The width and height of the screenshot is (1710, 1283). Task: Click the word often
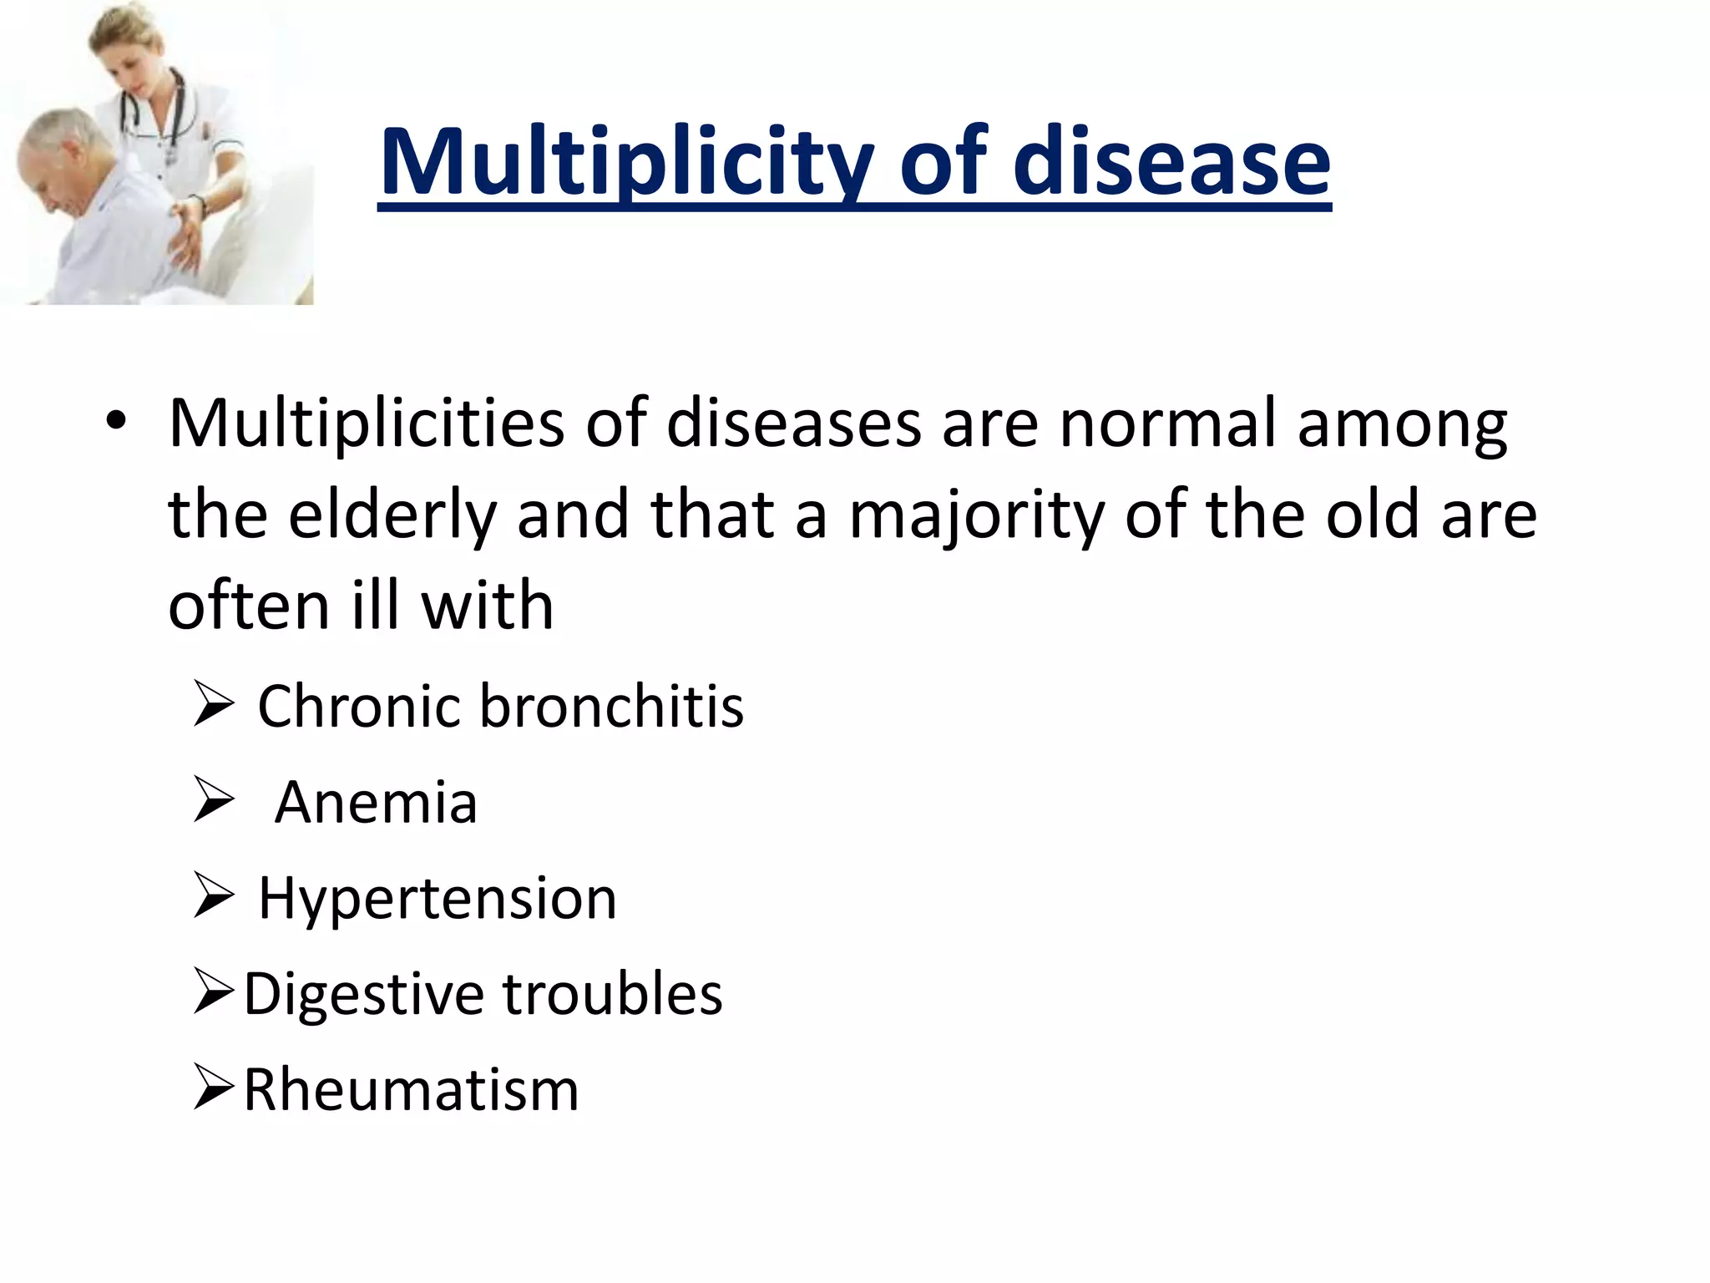coord(249,605)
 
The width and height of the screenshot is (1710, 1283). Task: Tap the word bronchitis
coord(611,707)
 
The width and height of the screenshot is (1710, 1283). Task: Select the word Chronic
coord(361,707)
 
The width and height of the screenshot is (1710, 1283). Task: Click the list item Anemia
coord(376,803)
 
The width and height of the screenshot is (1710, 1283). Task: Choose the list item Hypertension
coord(438,899)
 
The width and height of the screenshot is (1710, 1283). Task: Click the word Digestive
coord(364,995)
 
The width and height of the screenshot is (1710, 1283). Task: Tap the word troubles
coord(612,994)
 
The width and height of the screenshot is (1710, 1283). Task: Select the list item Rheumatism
coord(411,1090)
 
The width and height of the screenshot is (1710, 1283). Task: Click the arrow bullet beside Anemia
coord(214,800)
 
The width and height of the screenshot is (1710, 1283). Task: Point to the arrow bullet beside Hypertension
coord(214,895)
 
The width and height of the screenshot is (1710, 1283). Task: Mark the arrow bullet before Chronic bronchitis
coord(214,703)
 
